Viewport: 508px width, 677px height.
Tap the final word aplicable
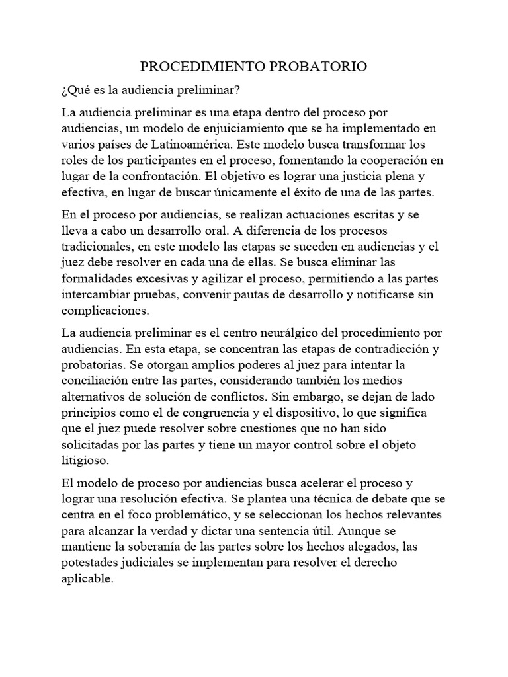[x=87, y=579]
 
